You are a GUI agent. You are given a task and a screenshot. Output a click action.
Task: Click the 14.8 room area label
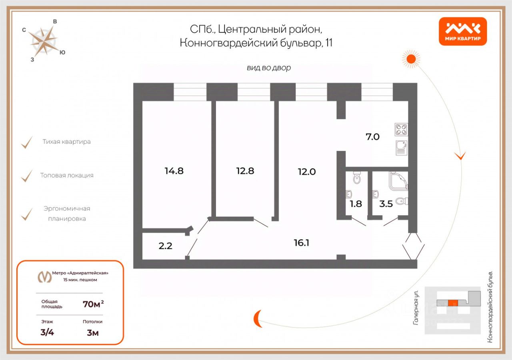pyautogui.click(x=174, y=171)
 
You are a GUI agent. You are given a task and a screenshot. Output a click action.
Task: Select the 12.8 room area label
pyautogui.click(x=245, y=171)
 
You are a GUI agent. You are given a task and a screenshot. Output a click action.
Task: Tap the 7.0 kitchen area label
pyautogui.click(x=372, y=137)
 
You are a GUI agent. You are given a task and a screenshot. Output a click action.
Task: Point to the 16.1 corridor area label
pyautogui.click(x=301, y=242)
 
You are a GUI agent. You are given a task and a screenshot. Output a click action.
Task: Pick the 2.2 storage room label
pyautogui.click(x=165, y=246)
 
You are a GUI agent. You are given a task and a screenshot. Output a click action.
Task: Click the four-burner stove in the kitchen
pyautogui.click(x=401, y=129)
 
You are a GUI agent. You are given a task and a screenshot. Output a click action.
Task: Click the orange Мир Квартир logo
pyautogui.click(x=463, y=31)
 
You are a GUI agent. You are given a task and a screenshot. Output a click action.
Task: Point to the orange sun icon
pyautogui.click(x=411, y=59)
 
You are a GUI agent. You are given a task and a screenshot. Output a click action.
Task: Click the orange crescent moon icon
pyautogui.click(x=258, y=318)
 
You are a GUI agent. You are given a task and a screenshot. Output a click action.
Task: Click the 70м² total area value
pyautogui.click(x=93, y=304)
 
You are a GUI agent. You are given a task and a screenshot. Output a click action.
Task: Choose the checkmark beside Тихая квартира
pyautogui.click(x=27, y=142)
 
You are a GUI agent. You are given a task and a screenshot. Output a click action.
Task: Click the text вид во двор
pyautogui.click(x=269, y=68)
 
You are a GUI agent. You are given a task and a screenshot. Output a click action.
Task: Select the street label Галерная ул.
pyautogui.click(x=416, y=307)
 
